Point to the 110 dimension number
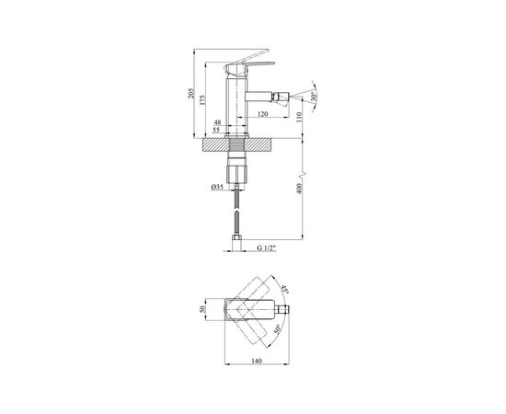click(298, 117)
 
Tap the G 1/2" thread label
click(268, 248)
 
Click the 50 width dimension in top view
click(205, 311)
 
